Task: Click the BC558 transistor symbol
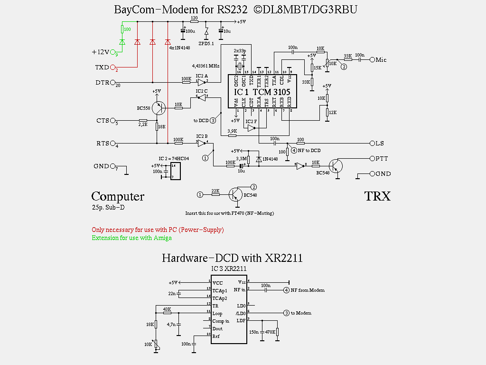point(158,108)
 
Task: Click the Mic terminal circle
point(372,60)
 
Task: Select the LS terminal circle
point(372,143)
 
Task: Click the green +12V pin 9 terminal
point(113,52)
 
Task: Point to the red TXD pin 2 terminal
point(113,67)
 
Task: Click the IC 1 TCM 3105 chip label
point(262,92)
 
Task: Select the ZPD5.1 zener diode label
point(206,44)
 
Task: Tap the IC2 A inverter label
point(201,76)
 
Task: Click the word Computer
point(118,196)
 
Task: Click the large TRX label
point(377,196)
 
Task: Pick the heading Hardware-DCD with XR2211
point(232,258)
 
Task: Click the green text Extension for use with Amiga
point(131,238)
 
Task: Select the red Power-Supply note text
point(158,230)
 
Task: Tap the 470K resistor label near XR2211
point(270,332)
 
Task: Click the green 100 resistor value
point(127,29)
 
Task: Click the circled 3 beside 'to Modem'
point(286,313)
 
